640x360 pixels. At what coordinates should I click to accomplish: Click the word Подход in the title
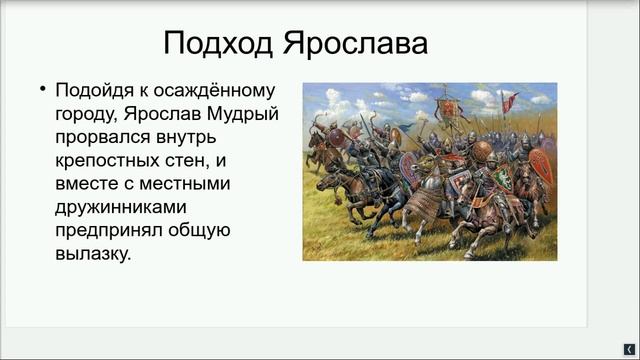click(218, 45)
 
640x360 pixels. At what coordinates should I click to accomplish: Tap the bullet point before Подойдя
click(43, 88)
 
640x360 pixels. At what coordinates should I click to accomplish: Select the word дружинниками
click(129, 206)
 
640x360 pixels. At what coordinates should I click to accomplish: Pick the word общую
click(203, 230)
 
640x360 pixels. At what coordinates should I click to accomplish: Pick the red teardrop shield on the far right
click(541, 168)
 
